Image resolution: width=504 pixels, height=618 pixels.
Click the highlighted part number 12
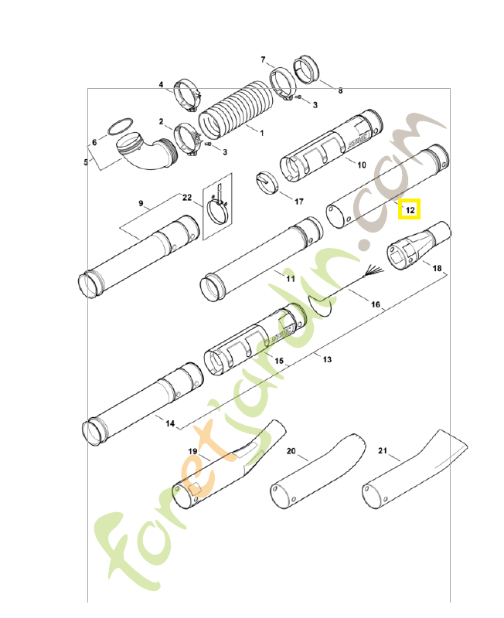[x=410, y=209]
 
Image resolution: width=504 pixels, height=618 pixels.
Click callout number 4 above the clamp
[x=162, y=84]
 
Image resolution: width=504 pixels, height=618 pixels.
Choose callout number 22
[x=186, y=198]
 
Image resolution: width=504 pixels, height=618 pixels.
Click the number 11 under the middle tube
[x=290, y=278]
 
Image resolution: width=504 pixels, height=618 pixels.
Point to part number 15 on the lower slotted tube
[x=279, y=362]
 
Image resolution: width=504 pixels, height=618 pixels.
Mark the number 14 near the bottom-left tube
[x=170, y=424]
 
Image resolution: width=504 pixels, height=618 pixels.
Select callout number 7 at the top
[x=263, y=59]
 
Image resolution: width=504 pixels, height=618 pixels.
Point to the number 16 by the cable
[x=376, y=305]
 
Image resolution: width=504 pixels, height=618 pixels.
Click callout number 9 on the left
[x=141, y=203]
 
